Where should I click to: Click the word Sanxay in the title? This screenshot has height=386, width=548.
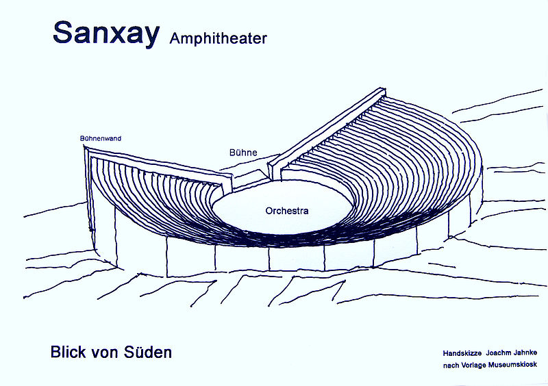point(105,33)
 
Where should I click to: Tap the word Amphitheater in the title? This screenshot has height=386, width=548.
point(218,38)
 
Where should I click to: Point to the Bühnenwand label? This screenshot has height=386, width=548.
point(101,138)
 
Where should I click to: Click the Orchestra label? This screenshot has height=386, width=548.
point(287,211)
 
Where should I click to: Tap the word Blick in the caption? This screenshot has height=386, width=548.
point(68,353)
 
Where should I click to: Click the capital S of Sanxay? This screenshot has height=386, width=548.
point(64,33)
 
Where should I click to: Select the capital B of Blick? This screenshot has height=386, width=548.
point(55,353)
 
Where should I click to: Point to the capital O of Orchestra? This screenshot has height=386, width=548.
point(269,211)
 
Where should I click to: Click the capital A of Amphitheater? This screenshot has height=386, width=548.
point(173,38)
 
